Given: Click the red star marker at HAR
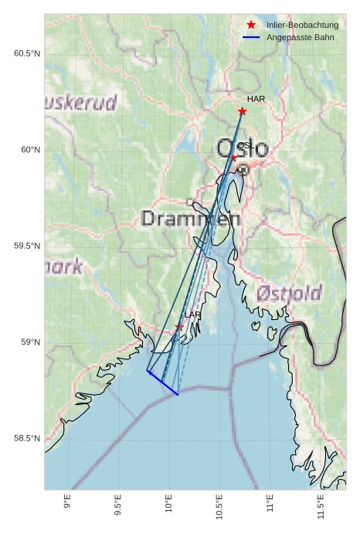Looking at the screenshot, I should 242,111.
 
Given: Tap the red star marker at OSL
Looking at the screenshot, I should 234,158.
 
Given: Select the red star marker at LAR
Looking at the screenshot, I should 179,327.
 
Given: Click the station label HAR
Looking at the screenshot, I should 256,100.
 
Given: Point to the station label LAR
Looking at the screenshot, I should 192,315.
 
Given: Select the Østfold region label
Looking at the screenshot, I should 288,294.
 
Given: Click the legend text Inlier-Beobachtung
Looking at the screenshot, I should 302,26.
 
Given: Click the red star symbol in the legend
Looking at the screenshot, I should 251,26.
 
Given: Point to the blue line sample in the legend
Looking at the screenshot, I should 251,37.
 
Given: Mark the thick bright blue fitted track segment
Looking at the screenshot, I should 162,383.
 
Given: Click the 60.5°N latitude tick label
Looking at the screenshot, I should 26,53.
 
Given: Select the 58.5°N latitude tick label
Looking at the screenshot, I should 26,439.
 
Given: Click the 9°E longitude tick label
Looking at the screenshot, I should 68,502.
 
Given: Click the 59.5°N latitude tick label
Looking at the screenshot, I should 26,247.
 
